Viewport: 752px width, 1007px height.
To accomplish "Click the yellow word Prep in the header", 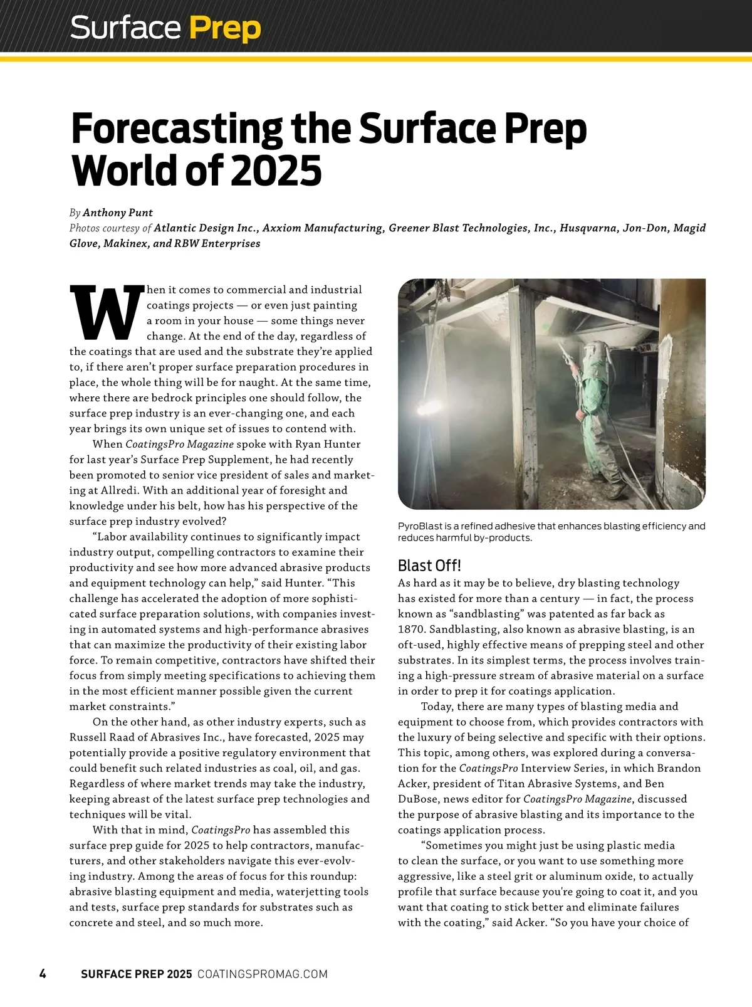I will [224, 29].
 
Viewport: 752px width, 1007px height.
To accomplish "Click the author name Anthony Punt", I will [118, 213].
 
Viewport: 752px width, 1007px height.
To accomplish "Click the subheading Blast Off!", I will [429, 566].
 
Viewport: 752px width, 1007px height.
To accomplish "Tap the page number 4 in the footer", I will [43, 974].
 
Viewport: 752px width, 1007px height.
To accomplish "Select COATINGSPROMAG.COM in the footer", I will [263, 974].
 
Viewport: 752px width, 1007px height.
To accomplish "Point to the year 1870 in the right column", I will [411, 630].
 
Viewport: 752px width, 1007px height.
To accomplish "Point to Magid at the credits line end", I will [689, 228].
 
